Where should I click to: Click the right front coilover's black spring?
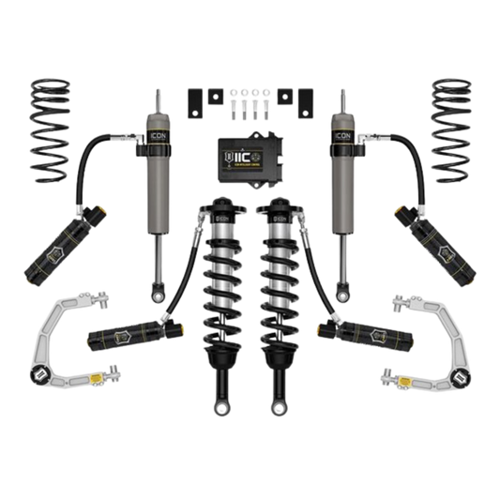coord(281,281)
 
